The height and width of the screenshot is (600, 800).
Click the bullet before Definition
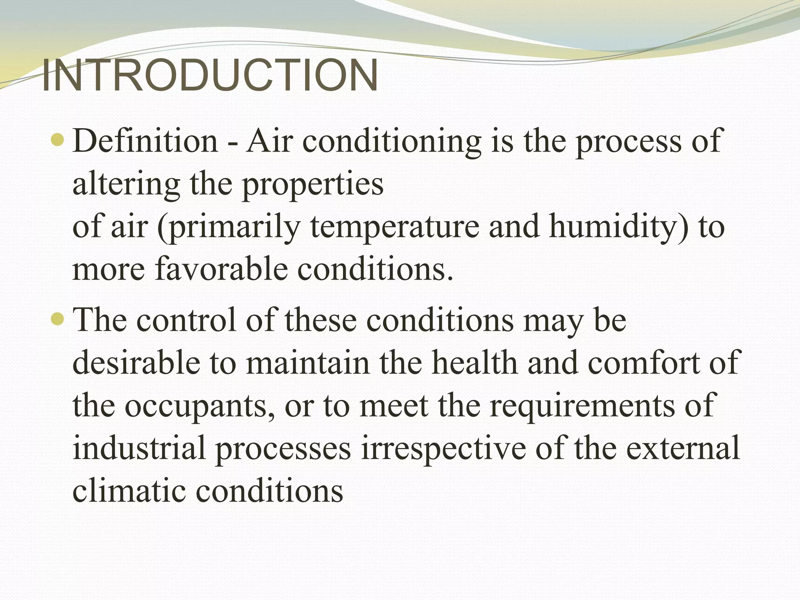click(57, 140)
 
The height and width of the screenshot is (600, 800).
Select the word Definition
click(145, 141)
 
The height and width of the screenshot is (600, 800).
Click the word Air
click(270, 141)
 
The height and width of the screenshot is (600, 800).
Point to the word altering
click(126, 184)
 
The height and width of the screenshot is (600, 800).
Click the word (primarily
click(228, 227)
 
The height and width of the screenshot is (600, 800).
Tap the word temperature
click(395, 227)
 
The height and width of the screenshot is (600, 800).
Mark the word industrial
click(139, 448)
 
